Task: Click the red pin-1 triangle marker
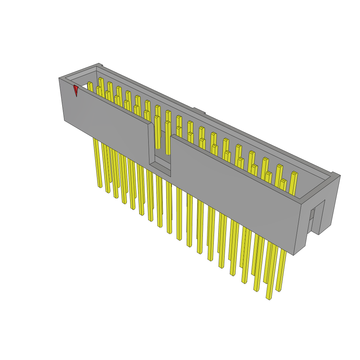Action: click(x=76, y=90)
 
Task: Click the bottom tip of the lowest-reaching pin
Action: click(x=269, y=298)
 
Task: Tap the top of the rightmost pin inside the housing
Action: click(x=294, y=173)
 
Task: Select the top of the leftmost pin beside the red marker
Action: click(x=90, y=83)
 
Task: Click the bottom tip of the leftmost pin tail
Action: click(x=100, y=186)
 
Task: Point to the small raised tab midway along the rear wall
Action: click(x=199, y=111)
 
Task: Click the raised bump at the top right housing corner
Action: click(x=336, y=174)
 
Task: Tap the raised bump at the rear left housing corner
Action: click(x=100, y=65)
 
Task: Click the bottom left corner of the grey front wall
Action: click(x=64, y=120)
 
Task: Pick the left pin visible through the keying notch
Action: click(x=157, y=134)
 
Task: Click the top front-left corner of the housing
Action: click(x=59, y=78)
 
